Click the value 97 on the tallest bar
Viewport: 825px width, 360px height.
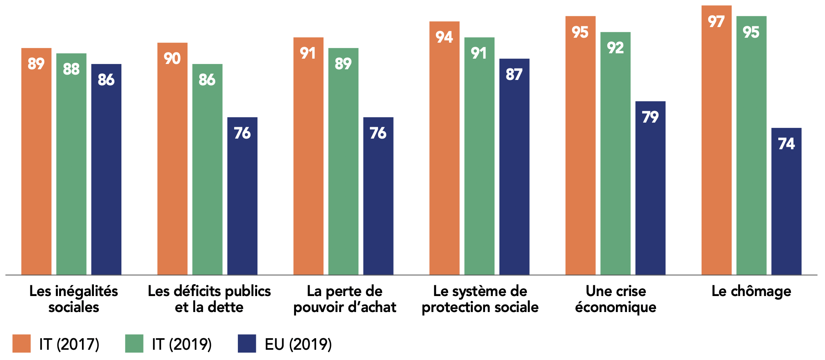pyautogui.click(x=716, y=22)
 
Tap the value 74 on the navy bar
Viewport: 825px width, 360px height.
pyautogui.click(x=786, y=144)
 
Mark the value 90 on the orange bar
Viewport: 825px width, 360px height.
pyautogui.click(x=172, y=59)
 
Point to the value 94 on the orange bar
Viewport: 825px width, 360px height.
pyautogui.click(x=444, y=37)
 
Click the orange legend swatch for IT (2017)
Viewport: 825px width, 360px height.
pyautogui.click(x=21, y=344)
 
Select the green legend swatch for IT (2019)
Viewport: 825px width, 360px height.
pyautogui.click(x=134, y=344)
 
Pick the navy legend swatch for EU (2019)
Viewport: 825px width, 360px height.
pyautogui.click(x=247, y=344)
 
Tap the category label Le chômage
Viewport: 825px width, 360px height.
pyautogui.click(x=751, y=291)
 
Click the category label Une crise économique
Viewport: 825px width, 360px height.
pyautogui.click(x=615, y=299)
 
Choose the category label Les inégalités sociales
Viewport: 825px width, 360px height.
pyautogui.click(x=74, y=299)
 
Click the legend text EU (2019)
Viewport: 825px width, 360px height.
pyautogui.click(x=298, y=344)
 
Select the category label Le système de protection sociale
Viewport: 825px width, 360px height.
pyautogui.click(x=480, y=299)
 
